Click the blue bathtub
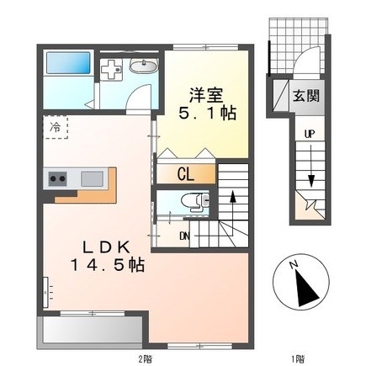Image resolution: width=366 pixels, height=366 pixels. point(66,64)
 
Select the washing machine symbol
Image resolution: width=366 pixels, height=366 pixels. point(110,70)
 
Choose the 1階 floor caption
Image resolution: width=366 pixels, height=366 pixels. point(298,358)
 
